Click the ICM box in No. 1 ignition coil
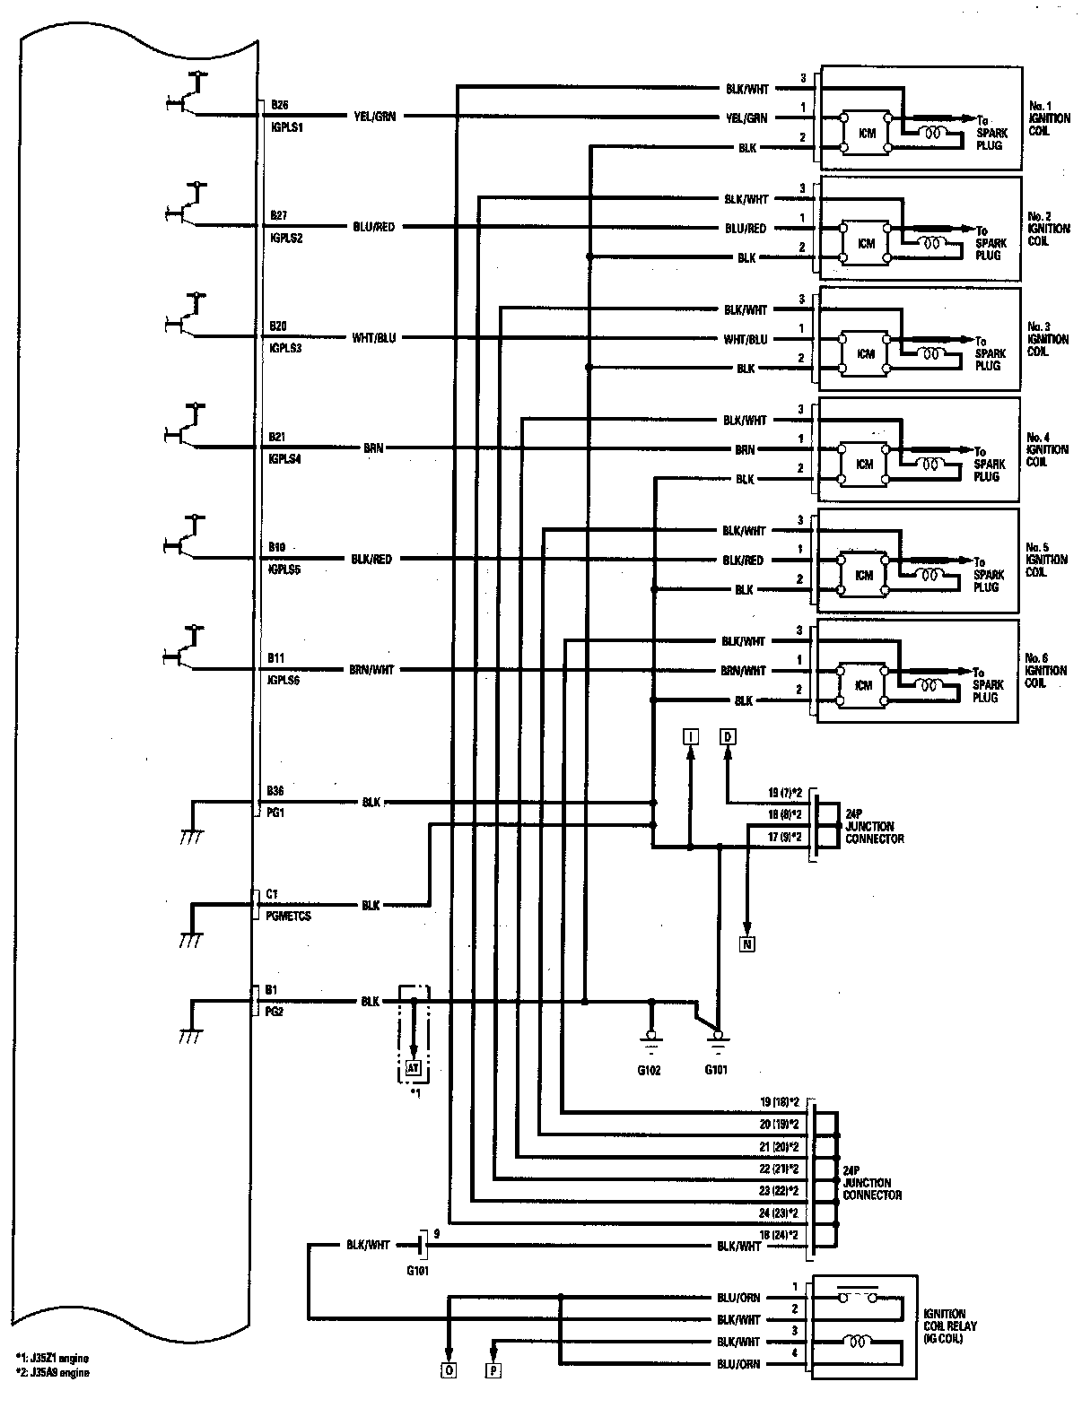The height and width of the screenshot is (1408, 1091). [x=866, y=133]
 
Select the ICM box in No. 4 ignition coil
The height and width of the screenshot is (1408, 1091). [x=864, y=465]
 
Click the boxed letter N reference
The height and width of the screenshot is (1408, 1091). [x=746, y=943]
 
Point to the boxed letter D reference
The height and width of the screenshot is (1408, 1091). [x=727, y=737]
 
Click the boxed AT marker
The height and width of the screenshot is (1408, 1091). [x=414, y=1068]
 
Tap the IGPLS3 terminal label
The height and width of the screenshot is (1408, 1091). [x=285, y=349]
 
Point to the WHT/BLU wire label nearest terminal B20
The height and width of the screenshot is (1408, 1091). [x=374, y=338]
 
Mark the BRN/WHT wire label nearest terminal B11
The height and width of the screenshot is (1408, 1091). [x=371, y=670]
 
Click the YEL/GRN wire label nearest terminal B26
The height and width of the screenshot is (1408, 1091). [x=374, y=117]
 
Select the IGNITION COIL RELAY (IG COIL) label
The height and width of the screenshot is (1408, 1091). [x=950, y=1325]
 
